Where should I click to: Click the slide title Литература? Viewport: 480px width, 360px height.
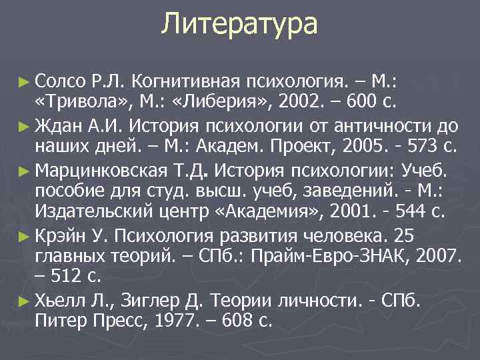click(239, 25)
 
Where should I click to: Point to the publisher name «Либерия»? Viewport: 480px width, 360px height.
click(214, 102)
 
